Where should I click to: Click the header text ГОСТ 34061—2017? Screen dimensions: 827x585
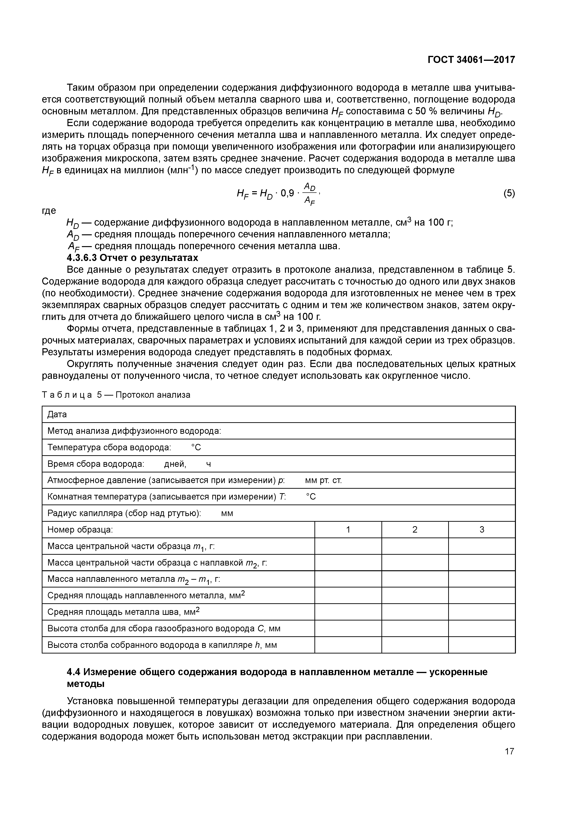coord(471,60)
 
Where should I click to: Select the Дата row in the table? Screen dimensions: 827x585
coord(57,415)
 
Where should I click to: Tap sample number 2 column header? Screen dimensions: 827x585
coord(415,529)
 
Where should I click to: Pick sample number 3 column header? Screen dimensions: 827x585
coord(482,529)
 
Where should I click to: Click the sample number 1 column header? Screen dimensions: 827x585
coord(348,529)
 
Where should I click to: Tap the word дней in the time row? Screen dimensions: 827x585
coord(175,464)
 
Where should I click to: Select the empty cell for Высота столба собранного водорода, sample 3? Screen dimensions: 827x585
coord(482,645)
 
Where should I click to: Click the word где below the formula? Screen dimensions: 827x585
coord(49,210)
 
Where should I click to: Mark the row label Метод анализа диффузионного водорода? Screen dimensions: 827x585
coord(134,431)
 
